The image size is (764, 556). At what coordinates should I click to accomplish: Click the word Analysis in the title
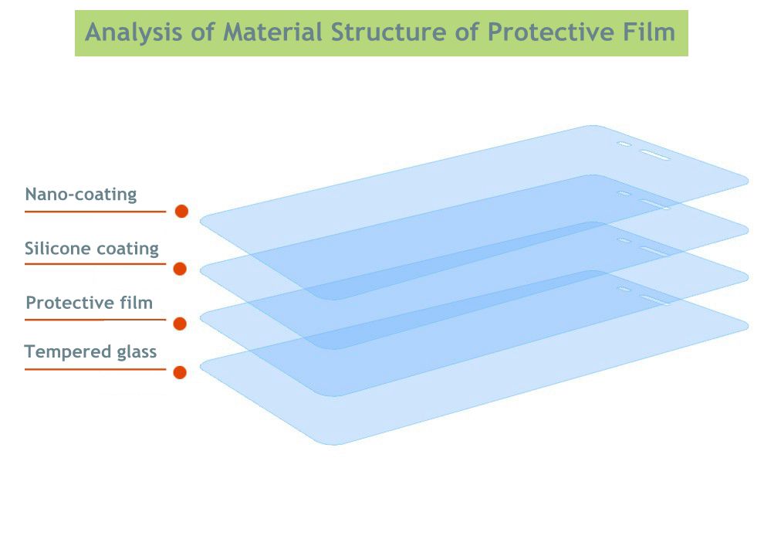coord(134,33)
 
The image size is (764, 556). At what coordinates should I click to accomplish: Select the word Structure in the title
coord(388,32)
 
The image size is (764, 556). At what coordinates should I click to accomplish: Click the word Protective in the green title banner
coord(550,32)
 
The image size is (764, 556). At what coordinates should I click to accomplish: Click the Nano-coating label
coord(81,194)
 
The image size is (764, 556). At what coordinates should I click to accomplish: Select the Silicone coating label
coord(92,248)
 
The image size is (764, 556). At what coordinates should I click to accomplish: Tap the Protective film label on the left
coord(90,303)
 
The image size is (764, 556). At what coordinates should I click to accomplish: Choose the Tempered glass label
coord(90,351)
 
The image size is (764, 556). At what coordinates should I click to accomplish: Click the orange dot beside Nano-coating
coord(182,211)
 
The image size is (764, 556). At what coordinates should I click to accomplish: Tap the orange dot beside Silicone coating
coord(180,269)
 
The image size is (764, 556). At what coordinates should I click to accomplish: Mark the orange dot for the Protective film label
coord(180,324)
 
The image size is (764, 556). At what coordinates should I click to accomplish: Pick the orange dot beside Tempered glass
coord(180,373)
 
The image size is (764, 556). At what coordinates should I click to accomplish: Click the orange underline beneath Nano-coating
coord(96,212)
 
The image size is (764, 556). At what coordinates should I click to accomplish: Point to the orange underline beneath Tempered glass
coord(96,369)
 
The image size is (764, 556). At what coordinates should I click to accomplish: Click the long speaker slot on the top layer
coord(654,155)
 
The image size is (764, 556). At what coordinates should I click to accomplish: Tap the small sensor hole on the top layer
coord(624,144)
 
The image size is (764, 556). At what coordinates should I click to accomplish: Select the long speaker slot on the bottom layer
coord(654,300)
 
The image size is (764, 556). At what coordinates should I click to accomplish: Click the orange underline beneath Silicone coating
coord(96,264)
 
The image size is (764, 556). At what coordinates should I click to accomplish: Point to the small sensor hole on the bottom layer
coord(624,290)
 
